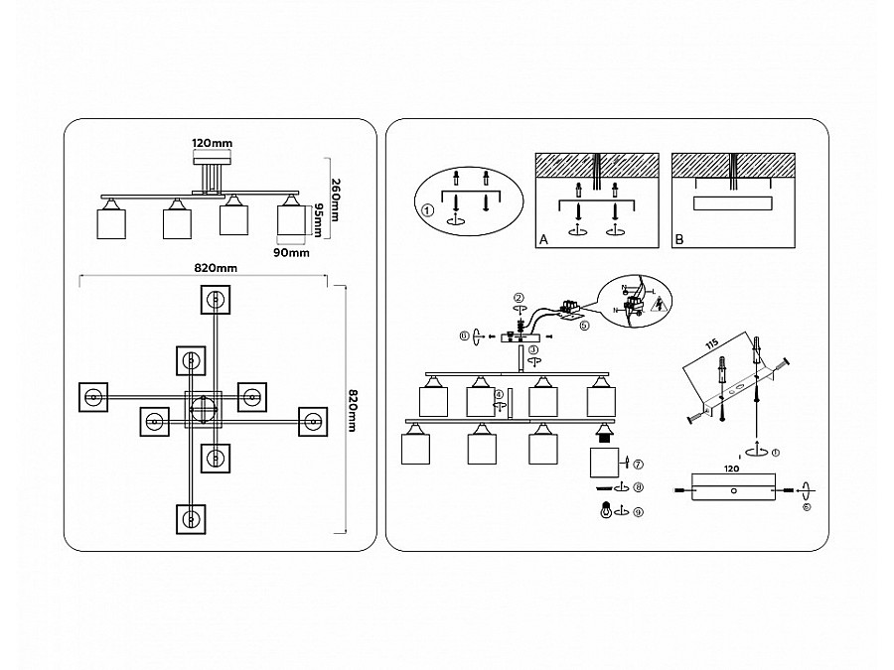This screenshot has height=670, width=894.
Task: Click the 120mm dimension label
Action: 212,144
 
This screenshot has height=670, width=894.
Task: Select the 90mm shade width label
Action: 292,254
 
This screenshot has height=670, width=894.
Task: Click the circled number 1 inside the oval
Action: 428,210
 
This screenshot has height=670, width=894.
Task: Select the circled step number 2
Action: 519,298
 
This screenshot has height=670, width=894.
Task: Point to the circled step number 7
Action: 638,464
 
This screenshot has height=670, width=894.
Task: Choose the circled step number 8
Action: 638,487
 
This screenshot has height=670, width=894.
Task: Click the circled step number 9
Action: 638,511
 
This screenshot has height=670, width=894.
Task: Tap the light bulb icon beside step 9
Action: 604,511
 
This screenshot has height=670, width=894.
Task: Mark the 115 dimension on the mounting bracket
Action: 712,345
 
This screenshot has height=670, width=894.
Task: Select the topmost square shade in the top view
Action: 216,297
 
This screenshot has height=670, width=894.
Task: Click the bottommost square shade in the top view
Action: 191,518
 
